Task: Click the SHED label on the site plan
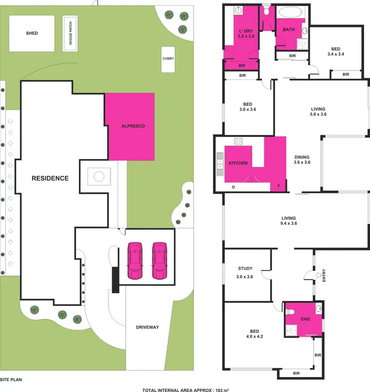point(32,34)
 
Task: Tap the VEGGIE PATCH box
point(71,33)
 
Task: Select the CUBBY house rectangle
point(168,59)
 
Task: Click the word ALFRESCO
point(133,126)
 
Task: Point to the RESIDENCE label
point(50,178)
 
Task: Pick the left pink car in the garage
point(135,260)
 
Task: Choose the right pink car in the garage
point(159,260)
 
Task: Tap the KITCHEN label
point(238,163)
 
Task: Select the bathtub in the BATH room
point(290,13)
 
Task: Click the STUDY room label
point(245,269)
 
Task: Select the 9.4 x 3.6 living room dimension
point(289,224)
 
